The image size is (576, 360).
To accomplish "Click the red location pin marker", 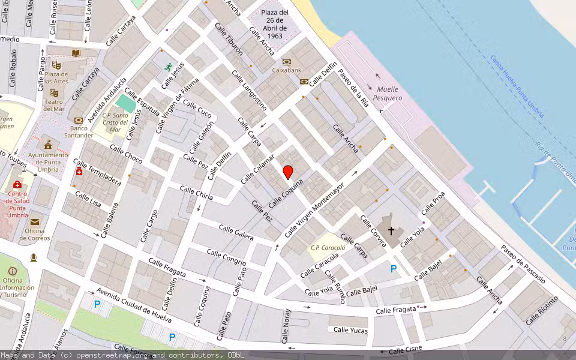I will pos(288,172).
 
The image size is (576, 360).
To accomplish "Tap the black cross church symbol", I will pos(391,230).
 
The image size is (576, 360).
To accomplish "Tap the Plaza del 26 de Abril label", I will pos(275,24).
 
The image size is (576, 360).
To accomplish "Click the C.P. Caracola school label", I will pos(328,247).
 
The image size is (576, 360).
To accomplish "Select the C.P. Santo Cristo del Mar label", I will pos(115,122).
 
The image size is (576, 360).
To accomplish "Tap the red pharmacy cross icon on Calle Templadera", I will pos(79,172).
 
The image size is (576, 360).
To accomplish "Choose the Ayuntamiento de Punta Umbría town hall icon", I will pos(47,145).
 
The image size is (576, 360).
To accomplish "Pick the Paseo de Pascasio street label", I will pos(523,264).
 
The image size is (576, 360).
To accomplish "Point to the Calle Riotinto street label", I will pos(541,310).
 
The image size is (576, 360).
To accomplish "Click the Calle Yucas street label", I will pos(350,329).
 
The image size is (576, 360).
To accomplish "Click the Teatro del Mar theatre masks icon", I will pos(53,93).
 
